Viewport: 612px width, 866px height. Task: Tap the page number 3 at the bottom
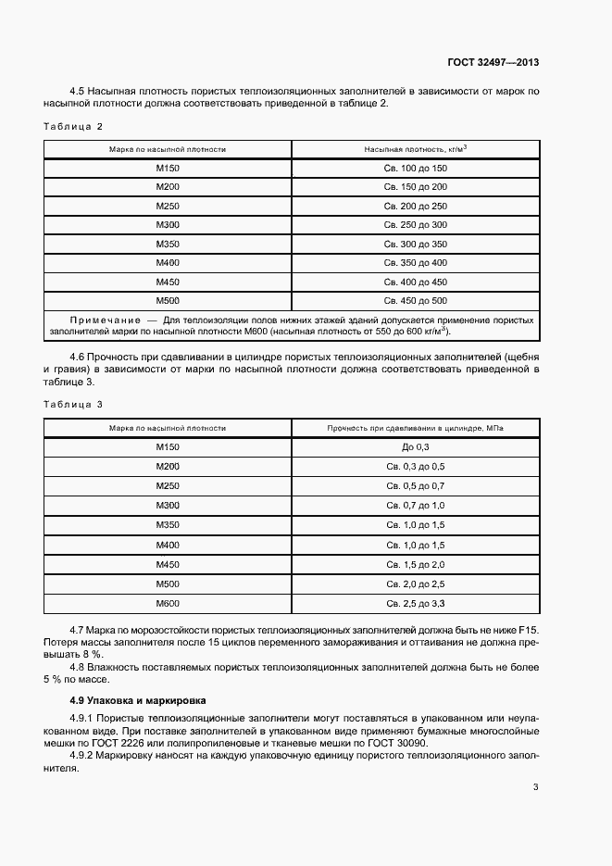(x=536, y=788)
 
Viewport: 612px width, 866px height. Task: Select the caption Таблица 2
(x=73, y=125)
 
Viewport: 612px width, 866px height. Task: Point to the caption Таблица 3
(x=73, y=404)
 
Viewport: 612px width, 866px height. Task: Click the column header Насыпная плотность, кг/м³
(x=415, y=148)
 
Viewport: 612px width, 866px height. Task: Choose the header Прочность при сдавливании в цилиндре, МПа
(x=415, y=428)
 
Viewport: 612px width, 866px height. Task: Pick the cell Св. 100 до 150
(x=415, y=169)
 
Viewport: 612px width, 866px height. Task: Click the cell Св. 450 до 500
(x=415, y=301)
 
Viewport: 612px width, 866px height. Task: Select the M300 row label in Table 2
(x=168, y=225)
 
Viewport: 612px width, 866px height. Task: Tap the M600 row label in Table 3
(x=168, y=603)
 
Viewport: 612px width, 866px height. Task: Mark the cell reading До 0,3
(x=415, y=447)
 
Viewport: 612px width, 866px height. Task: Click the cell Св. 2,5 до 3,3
(x=415, y=603)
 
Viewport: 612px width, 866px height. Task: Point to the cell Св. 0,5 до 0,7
(x=415, y=486)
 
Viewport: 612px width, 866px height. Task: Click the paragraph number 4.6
(x=79, y=357)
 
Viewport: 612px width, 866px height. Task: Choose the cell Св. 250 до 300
(x=415, y=225)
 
